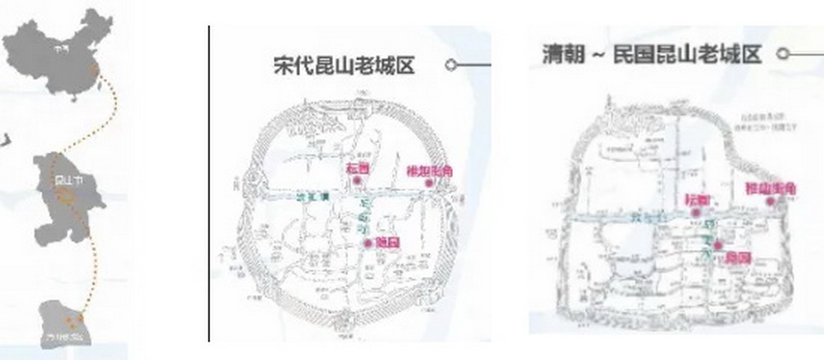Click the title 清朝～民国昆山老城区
tap(651, 55)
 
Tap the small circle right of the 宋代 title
tap(450, 64)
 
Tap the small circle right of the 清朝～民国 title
tap(782, 54)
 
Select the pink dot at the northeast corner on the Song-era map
tap(428, 183)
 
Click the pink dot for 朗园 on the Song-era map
tap(368, 242)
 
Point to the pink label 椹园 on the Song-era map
tap(357, 167)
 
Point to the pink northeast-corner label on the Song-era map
tap(429, 170)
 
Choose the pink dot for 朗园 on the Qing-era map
tap(716, 246)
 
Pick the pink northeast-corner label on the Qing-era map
tap(771, 188)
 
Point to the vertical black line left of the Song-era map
tap(209, 182)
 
